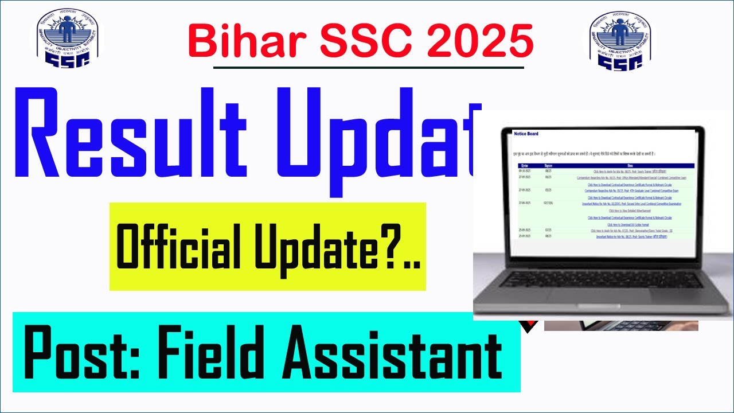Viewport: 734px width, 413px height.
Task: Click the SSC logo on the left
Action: point(68,37)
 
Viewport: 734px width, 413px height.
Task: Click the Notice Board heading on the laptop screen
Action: point(526,134)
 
